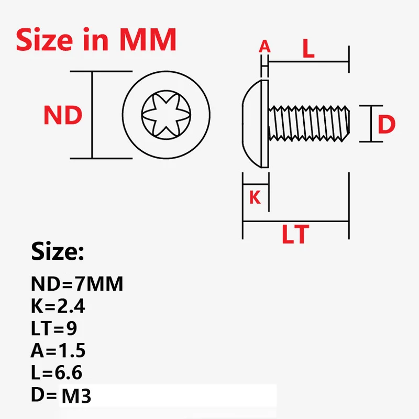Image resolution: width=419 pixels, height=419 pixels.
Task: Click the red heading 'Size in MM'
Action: (96, 39)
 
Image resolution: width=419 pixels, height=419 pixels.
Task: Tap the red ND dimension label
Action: (63, 115)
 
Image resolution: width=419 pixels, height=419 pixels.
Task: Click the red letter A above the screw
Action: (264, 47)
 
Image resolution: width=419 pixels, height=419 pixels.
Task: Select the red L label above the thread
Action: (308, 48)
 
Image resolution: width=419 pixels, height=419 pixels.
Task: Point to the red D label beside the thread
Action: (386, 124)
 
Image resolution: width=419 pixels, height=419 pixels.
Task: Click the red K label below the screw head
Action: (255, 197)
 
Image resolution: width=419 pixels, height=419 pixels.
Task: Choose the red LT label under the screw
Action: (295, 234)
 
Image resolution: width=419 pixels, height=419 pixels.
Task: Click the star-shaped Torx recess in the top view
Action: (166, 115)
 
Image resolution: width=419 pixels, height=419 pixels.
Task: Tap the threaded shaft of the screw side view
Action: (309, 123)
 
